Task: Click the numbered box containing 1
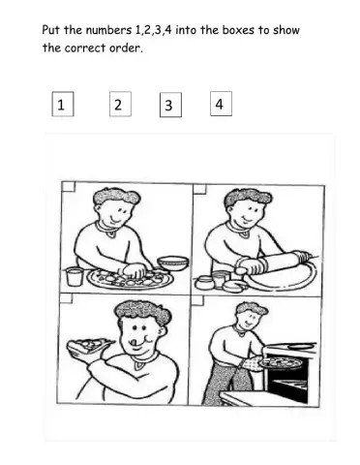point(62,106)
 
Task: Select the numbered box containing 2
point(118,105)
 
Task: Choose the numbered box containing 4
point(221,104)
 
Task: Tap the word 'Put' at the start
point(52,30)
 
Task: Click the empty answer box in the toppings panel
point(68,187)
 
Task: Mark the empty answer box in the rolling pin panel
point(198,187)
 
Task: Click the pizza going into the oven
point(280,361)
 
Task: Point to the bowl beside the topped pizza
point(172,262)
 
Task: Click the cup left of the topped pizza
point(74,276)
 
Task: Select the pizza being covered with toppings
point(130,278)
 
